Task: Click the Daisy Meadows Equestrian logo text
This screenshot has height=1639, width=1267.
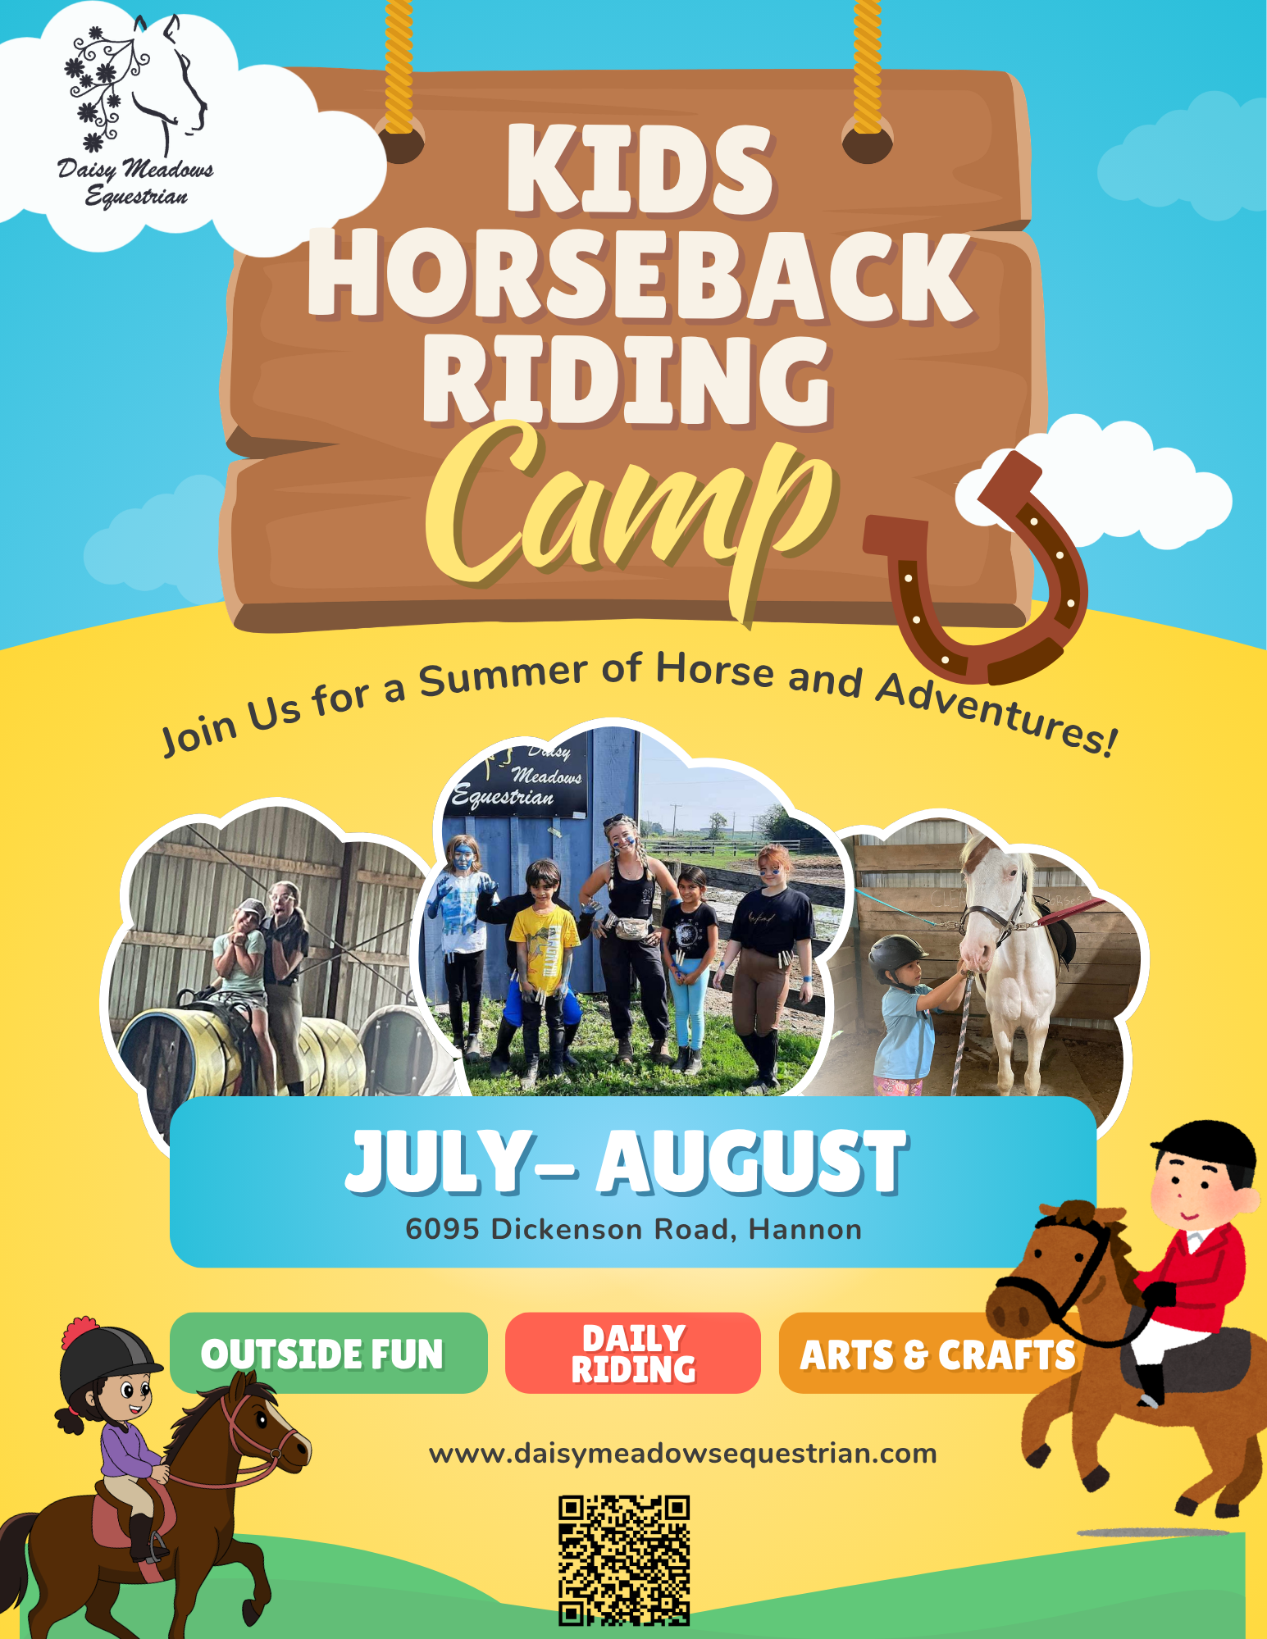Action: (x=135, y=182)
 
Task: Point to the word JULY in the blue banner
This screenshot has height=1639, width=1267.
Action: (x=439, y=1162)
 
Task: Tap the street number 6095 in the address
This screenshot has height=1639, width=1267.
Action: (x=442, y=1229)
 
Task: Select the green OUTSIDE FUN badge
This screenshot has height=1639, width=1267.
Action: (x=329, y=1353)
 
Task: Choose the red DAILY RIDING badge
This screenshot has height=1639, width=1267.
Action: (x=633, y=1353)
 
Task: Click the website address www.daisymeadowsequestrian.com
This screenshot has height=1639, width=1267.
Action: (x=682, y=1454)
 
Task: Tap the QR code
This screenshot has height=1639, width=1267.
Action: (x=624, y=1560)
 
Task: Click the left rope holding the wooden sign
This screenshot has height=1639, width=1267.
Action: (x=399, y=66)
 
